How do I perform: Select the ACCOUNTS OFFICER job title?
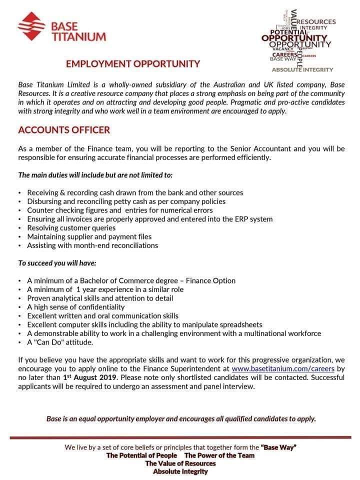tap(64, 130)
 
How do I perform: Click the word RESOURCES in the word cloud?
tap(316, 21)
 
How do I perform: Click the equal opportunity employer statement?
tap(181, 418)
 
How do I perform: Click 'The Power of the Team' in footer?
tap(219, 455)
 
